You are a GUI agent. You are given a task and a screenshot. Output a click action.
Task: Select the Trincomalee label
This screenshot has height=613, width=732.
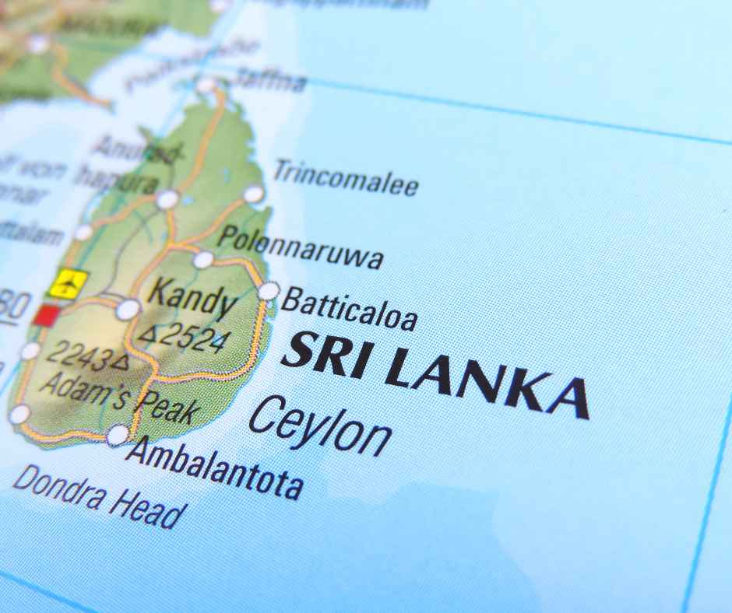click(345, 178)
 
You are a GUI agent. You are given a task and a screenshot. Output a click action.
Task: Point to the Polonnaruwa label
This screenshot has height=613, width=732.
click(301, 247)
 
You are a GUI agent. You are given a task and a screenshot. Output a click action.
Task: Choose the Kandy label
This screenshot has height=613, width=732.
click(192, 299)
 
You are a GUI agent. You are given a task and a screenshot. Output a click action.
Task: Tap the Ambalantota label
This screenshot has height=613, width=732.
click(213, 465)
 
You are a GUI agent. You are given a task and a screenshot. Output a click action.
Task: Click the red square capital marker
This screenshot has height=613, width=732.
click(47, 314)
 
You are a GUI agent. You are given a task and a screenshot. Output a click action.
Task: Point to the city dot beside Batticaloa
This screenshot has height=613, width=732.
click(268, 291)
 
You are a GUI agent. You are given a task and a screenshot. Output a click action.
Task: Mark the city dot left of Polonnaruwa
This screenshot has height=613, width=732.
click(203, 260)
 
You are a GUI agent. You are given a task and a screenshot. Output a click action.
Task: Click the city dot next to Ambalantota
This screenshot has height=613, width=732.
click(118, 435)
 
